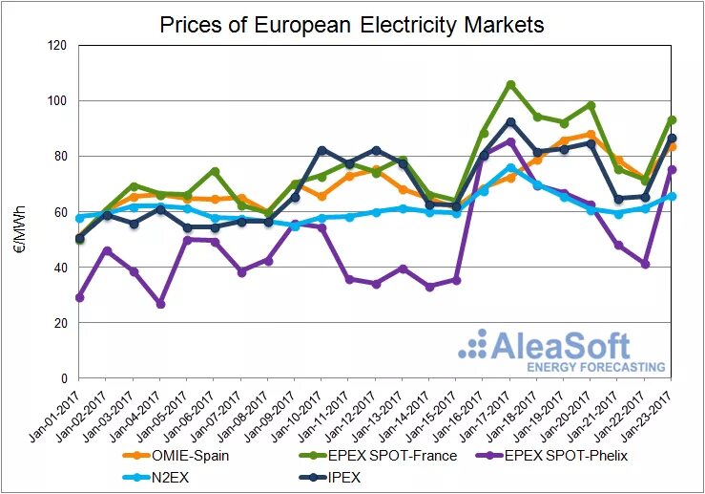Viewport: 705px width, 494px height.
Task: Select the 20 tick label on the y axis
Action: tap(60, 323)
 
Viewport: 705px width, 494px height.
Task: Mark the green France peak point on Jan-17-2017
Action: tap(510, 84)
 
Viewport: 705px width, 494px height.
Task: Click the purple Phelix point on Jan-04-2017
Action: tap(160, 304)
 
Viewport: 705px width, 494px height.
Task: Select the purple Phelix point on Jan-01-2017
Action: tap(79, 297)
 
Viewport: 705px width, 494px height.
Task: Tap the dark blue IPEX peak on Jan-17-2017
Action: tap(510, 122)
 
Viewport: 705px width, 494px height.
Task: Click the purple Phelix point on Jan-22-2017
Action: tap(646, 264)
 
